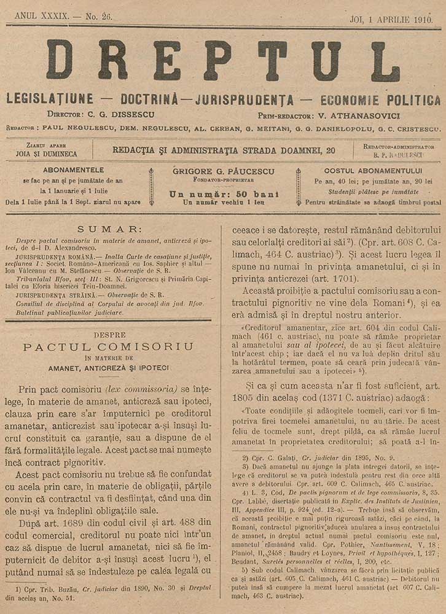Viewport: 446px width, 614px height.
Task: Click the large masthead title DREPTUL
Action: (x=223, y=61)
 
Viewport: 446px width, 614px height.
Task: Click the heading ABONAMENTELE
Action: (x=74, y=171)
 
